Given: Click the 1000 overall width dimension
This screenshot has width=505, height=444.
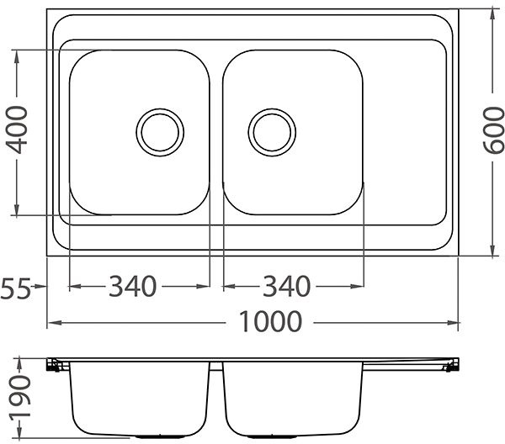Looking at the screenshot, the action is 270,321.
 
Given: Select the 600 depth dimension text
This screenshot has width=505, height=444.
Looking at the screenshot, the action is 493,130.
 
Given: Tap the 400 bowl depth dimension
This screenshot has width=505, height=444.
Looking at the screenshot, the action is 17,130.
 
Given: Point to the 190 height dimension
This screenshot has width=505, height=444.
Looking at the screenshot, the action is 20,398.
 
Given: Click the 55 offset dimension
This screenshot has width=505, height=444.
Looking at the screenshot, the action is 15,288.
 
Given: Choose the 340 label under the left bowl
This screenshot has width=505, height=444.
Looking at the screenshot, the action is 133,286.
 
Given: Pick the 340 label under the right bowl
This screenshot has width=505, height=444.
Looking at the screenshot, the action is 287,286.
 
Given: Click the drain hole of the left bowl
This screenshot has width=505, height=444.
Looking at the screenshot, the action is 160,132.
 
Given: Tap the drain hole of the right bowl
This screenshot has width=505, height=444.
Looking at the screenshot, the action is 272,132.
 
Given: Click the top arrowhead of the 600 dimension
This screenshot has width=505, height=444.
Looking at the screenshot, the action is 492,14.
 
